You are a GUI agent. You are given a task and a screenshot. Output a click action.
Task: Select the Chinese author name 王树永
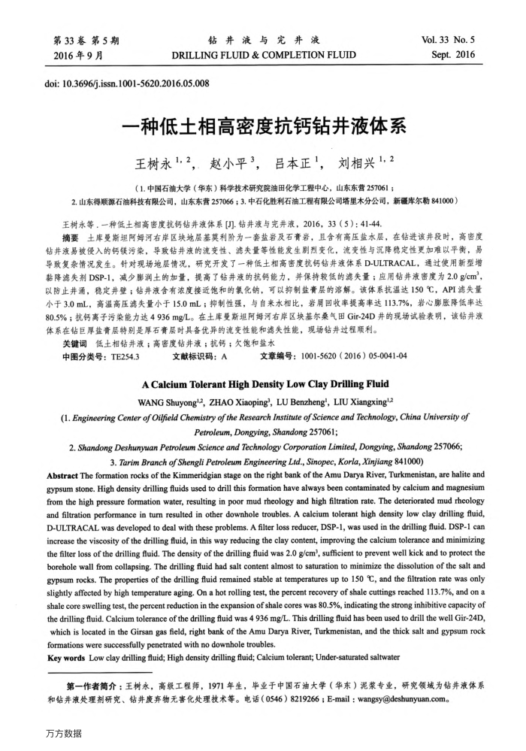pyautogui.click(x=153, y=162)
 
